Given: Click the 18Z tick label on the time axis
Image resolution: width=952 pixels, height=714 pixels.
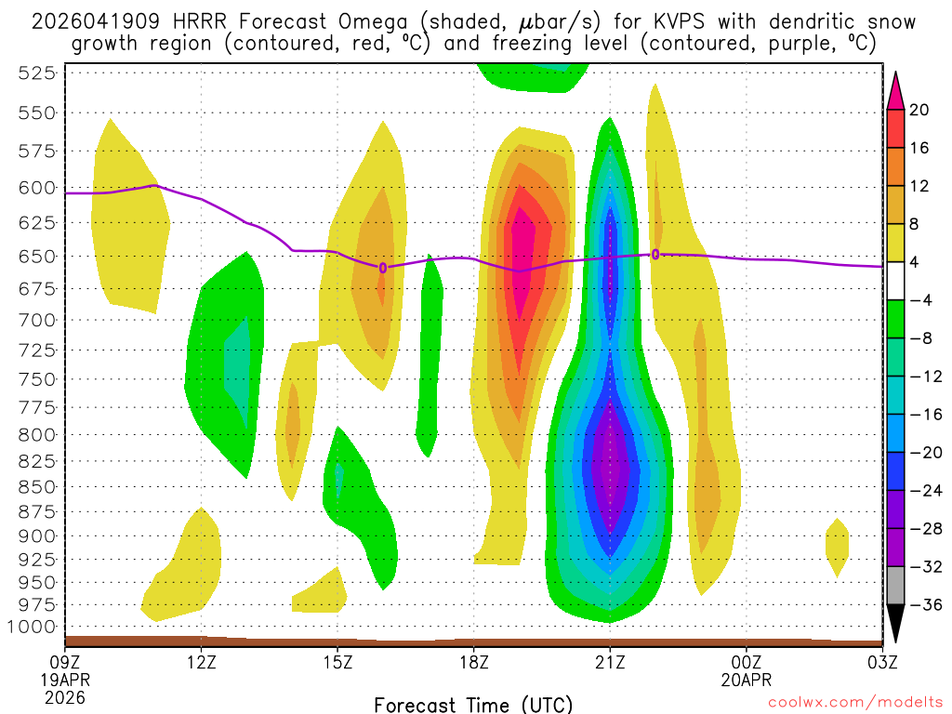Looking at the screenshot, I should [474, 662].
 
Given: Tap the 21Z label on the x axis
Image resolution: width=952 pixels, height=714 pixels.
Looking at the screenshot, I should [610, 662].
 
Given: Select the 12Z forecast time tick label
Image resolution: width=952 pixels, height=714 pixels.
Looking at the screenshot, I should [202, 662].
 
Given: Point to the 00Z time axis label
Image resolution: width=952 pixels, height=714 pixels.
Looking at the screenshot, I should [747, 662].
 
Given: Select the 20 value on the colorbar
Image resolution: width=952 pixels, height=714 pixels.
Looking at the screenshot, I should [919, 110].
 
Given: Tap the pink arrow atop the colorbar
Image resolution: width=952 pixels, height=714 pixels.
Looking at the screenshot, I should [896, 90].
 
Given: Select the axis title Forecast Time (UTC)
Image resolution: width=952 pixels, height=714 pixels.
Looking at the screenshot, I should [473, 704].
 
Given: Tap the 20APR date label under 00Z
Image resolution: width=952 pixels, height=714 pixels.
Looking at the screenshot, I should [747, 680].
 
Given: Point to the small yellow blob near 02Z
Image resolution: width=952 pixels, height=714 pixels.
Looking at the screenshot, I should [838, 546].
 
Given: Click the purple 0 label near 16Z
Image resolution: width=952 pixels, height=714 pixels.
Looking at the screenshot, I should [383, 268].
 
